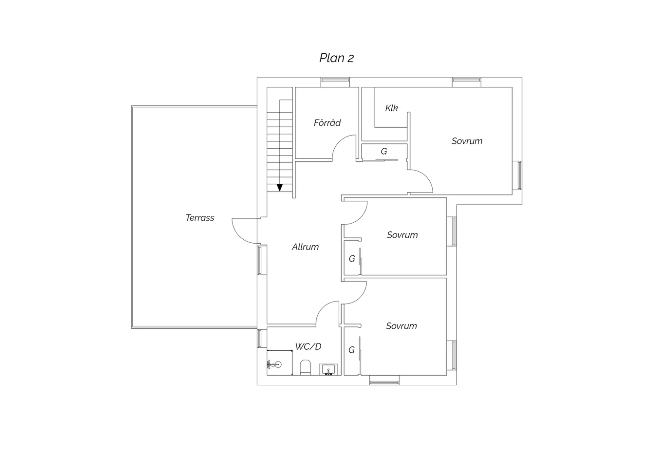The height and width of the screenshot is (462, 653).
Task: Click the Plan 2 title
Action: click(x=337, y=58)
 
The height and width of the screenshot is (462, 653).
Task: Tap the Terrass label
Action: click(x=200, y=218)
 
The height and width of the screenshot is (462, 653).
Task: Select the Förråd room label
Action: click(x=327, y=122)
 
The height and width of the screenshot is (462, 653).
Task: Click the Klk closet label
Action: click(x=391, y=108)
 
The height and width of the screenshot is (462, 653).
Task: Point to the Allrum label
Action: click(x=305, y=247)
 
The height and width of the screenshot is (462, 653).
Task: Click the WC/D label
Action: click(x=308, y=346)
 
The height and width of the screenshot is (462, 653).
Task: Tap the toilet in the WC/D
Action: click(x=305, y=367)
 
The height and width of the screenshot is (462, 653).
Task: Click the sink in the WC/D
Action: click(x=328, y=369)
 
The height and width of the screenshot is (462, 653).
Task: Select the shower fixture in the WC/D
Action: click(x=274, y=364)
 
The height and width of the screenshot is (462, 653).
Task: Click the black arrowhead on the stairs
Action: click(x=279, y=187)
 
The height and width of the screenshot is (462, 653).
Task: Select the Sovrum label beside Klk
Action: click(x=467, y=141)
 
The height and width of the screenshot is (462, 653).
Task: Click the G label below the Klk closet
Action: click(x=384, y=151)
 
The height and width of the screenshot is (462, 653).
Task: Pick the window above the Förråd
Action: click(x=335, y=82)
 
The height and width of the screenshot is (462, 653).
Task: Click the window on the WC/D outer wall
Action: click(x=262, y=338)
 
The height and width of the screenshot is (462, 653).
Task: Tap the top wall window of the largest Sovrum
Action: click(x=466, y=82)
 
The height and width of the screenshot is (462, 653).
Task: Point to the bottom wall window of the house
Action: click(x=384, y=380)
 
